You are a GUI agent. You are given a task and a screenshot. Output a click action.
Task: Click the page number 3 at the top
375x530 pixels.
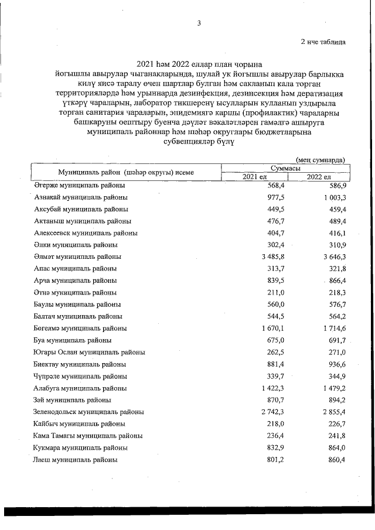(199, 23)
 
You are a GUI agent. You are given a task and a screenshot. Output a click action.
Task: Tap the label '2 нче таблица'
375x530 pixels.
(323, 42)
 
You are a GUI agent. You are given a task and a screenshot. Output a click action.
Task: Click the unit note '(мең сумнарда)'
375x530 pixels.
(321, 159)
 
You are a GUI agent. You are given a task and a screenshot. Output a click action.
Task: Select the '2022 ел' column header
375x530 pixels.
(319, 177)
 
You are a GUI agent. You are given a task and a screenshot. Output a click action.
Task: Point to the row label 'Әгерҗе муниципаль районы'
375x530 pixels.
(79, 185)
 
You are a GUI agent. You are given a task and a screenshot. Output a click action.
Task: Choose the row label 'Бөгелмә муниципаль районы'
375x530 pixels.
(80, 328)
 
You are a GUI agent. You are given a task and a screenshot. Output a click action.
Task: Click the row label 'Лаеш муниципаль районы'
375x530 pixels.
(76, 460)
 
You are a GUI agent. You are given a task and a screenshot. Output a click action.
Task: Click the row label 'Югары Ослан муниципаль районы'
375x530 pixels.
(89, 352)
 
